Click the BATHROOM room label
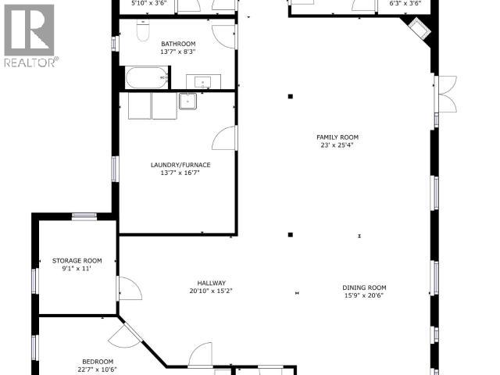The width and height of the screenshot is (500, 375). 178,43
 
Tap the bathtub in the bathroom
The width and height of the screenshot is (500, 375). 147,77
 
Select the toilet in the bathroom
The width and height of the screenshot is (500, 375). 142,31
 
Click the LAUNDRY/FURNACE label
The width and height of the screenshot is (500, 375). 180,165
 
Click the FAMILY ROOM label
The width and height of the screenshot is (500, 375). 337,137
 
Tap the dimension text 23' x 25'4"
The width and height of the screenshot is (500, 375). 337,145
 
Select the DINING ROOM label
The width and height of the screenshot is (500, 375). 364,287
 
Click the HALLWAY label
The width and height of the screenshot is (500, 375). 210,283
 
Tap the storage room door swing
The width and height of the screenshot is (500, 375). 129,287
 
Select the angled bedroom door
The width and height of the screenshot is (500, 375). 123,337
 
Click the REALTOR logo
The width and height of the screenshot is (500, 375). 29,35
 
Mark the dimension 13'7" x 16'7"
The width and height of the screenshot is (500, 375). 180,173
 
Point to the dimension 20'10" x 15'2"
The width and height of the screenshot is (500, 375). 210,291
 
